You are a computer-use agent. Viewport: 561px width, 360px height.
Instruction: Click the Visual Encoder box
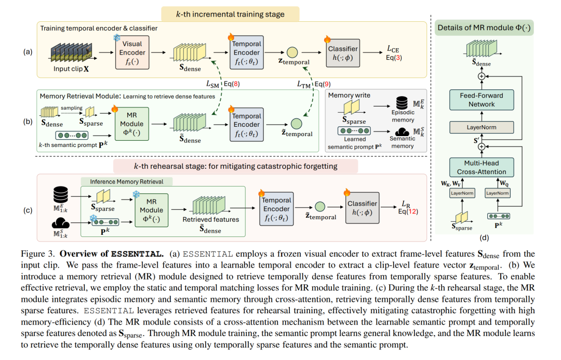tap(132, 52)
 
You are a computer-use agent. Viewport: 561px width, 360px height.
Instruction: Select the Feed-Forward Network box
tap(482, 100)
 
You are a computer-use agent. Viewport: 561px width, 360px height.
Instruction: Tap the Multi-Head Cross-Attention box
tap(482, 167)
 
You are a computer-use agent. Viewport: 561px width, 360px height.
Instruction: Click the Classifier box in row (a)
tap(343, 52)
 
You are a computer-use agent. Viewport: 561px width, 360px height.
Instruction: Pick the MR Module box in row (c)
tap(151, 210)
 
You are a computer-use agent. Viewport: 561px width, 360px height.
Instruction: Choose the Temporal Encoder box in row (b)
tap(247, 125)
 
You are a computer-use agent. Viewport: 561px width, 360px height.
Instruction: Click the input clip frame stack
tap(72, 53)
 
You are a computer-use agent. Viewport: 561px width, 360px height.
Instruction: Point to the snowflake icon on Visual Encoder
tap(117, 37)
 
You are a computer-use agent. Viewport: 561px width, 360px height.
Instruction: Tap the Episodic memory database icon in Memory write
tap(402, 103)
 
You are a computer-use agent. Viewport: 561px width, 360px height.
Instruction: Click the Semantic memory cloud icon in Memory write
tap(402, 132)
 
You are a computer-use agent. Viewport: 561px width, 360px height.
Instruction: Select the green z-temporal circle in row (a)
tap(292, 52)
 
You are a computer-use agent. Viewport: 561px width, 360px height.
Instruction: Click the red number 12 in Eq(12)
tap(412, 211)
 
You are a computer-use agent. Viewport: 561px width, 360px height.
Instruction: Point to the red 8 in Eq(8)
tap(235, 84)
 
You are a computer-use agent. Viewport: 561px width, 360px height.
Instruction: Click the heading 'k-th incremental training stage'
tap(230, 15)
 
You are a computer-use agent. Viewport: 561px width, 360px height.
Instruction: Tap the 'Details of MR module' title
tap(484, 28)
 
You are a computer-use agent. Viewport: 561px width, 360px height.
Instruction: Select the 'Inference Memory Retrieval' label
tap(127, 182)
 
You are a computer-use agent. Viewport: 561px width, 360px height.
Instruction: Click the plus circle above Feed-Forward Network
tap(482, 76)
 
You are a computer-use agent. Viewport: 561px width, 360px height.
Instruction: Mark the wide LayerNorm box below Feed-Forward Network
tap(482, 127)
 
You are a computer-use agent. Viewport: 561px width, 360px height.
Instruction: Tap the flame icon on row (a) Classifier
tap(327, 38)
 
